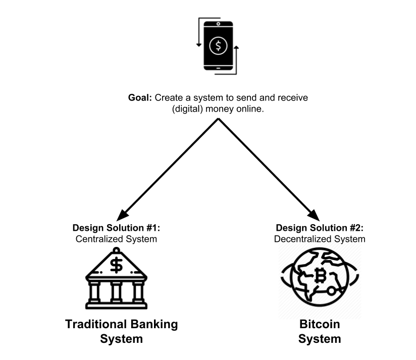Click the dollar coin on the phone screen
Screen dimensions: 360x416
tap(218, 46)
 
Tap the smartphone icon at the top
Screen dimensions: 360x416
tap(218, 46)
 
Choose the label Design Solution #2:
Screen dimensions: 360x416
tap(319, 228)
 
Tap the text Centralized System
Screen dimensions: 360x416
tap(117, 239)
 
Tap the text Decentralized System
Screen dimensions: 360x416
tap(320, 239)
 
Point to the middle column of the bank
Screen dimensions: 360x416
tap(117, 291)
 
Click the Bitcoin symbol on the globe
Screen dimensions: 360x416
tap(320, 276)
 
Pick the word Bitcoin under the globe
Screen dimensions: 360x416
tap(320, 324)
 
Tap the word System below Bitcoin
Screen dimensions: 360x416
tap(320, 339)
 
